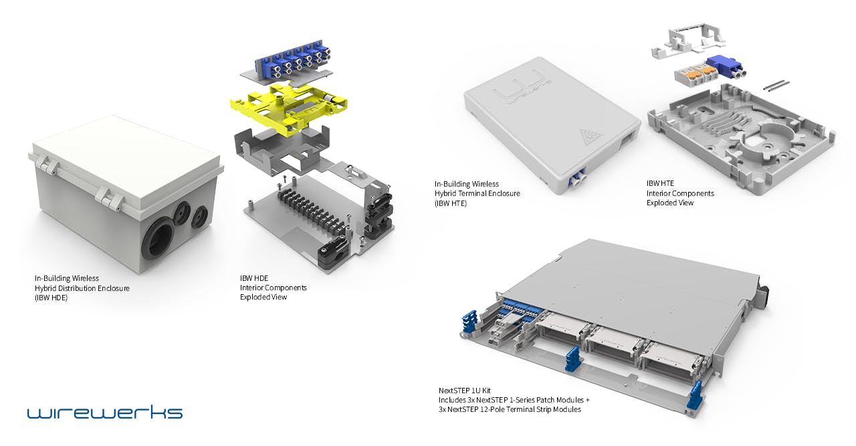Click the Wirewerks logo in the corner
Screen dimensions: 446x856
[x=104, y=411]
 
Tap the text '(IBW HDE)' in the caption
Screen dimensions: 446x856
[x=51, y=298]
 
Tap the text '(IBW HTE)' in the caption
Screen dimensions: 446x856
[x=451, y=203]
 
